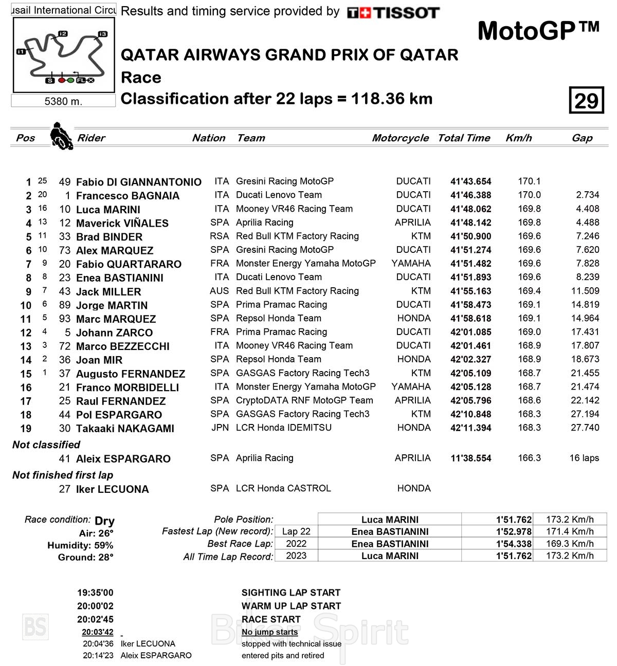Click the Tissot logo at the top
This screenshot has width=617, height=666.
pos(393,13)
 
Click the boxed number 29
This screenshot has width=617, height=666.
pos(586,101)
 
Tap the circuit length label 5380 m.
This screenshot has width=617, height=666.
pos(63,101)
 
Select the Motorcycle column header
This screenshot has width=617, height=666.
pos(400,138)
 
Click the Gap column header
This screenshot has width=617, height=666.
pos(582,138)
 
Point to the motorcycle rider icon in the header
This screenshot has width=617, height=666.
pos(61,136)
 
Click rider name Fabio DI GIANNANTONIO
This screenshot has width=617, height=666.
pos(139,182)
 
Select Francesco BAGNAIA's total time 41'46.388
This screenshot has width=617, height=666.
pos(470,195)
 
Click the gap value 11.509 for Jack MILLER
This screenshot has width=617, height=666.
pos(585,291)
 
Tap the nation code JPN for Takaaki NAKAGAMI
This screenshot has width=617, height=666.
pos(220,428)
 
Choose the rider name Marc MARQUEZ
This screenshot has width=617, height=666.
pos(116,319)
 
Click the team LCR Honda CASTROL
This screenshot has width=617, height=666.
pos(283,488)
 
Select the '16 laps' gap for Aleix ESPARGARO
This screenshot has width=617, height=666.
pos(584,458)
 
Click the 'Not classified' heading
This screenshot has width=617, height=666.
pos(46,445)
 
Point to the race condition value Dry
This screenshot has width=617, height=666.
pos(104,521)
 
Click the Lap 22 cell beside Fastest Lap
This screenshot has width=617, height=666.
pos(296,531)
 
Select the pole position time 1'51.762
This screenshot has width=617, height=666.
pos(514,520)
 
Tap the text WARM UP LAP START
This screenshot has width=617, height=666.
pos(291,606)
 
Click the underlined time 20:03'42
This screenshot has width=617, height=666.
pos(97,632)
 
